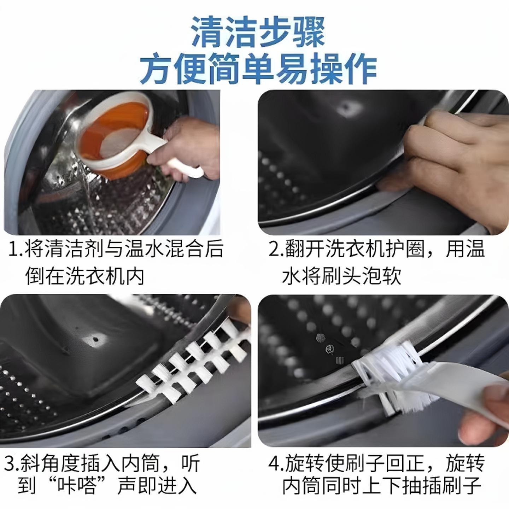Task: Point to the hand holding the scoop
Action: [194, 145]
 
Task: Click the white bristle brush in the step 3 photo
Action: [191, 364]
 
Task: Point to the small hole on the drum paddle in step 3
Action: [95, 340]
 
